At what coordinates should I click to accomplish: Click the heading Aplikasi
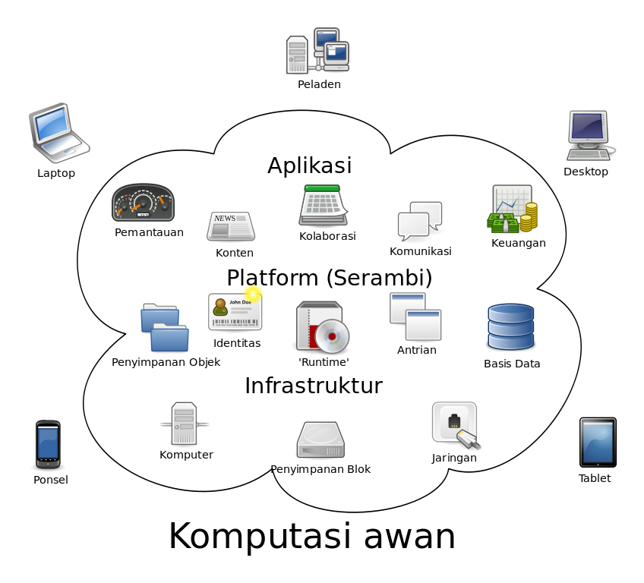309,165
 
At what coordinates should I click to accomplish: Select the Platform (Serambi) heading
329,278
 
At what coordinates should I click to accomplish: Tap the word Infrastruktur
313,386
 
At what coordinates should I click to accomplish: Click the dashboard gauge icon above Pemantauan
144,203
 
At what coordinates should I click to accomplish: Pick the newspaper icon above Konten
231,226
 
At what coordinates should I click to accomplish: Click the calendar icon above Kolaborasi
323,205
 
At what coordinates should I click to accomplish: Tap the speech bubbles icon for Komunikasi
420,221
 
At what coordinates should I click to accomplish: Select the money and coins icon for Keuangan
513,210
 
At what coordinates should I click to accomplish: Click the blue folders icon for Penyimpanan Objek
165,327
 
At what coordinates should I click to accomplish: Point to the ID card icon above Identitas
235,310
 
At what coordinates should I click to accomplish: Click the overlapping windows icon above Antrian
415,317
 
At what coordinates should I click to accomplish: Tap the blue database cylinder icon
510,327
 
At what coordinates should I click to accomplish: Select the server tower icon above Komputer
185,424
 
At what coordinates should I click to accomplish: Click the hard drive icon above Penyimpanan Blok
320,440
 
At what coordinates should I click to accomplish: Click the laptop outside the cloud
58,132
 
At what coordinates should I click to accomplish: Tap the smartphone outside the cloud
48,444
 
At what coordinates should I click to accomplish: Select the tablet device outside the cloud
598,442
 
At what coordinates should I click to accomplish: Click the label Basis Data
512,364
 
